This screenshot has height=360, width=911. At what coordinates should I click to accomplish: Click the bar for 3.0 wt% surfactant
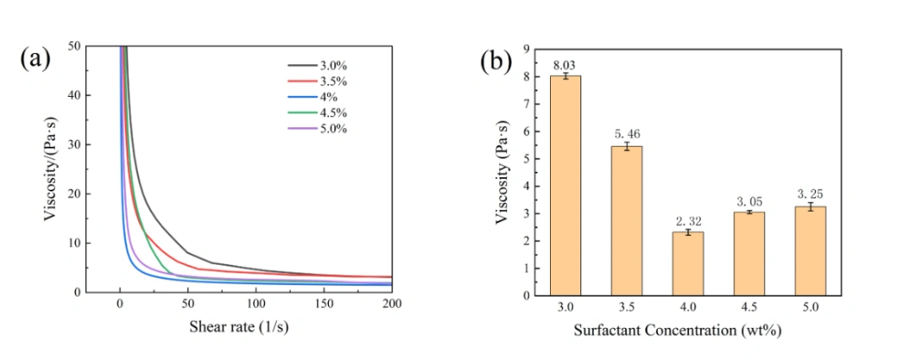(x=565, y=185)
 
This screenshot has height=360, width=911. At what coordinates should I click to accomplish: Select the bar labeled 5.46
(x=627, y=221)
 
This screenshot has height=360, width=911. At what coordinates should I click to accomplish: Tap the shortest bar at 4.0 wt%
(x=688, y=264)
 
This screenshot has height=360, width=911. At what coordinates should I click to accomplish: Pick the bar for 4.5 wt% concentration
(x=749, y=254)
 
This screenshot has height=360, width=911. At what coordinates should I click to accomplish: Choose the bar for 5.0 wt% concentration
(x=811, y=251)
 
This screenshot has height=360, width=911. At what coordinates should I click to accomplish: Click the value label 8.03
(x=565, y=65)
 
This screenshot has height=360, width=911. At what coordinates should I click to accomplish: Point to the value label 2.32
(x=688, y=221)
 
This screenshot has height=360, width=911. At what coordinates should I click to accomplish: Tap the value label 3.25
(x=811, y=194)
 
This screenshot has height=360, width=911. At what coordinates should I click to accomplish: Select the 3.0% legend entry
(x=317, y=66)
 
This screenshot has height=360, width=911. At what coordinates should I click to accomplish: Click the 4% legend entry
(x=313, y=97)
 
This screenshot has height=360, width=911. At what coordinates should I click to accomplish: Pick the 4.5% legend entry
(x=317, y=113)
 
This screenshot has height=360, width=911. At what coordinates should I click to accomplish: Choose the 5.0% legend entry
(x=317, y=128)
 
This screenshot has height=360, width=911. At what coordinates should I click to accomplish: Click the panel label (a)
(x=35, y=59)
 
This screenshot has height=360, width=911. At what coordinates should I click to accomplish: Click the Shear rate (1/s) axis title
(x=239, y=327)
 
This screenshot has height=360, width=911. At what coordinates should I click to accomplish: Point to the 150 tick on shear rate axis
(x=324, y=304)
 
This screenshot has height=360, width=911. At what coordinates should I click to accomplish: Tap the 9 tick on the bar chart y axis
(x=527, y=50)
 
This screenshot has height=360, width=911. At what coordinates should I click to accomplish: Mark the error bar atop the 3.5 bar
(x=627, y=146)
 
